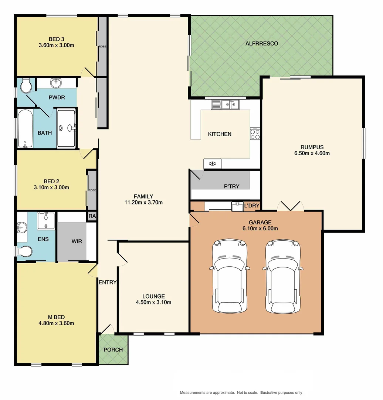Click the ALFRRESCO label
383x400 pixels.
[262, 44]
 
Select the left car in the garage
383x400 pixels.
[230, 276]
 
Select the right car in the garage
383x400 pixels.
[283, 276]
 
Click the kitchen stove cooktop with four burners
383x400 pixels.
[255, 134]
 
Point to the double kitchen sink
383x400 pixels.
[226, 105]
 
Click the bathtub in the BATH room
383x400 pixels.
[25, 128]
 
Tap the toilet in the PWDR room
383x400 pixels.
[26, 86]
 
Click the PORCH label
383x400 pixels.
[113, 350]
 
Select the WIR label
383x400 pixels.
[77, 241]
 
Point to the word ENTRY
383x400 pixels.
[108, 282]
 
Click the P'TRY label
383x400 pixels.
[232, 186]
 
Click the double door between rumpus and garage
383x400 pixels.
[291, 207]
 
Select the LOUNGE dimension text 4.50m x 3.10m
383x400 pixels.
[154, 302]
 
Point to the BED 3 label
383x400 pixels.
[57, 39]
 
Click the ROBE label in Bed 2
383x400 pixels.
[92, 190]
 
